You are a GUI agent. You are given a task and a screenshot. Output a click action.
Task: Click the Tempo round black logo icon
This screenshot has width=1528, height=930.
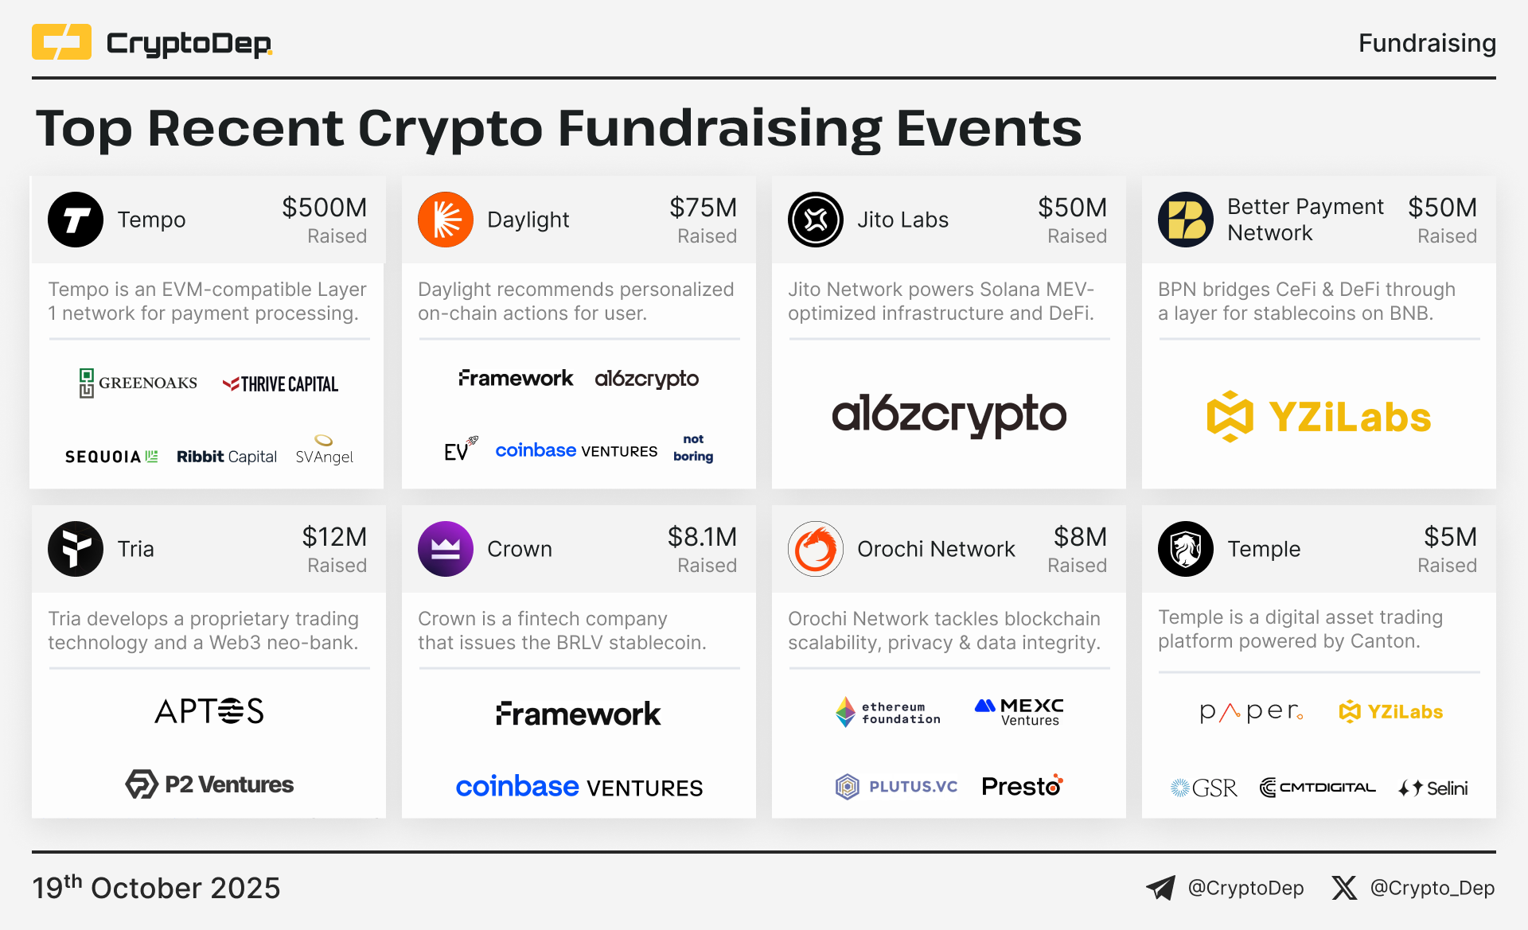(x=76, y=220)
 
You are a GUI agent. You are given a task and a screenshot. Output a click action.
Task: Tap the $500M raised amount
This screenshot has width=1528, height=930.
(x=324, y=208)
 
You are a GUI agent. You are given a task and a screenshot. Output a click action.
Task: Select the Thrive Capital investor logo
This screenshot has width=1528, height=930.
(x=280, y=384)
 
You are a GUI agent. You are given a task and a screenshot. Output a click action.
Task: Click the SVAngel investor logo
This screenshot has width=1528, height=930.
(x=324, y=449)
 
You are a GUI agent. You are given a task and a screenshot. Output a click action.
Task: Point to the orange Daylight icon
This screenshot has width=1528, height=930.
(x=446, y=220)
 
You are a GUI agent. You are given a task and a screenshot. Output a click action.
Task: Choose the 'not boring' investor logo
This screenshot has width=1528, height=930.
(x=693, y=448)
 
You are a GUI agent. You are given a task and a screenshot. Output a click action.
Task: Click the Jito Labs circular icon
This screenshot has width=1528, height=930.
(x=816, y=220)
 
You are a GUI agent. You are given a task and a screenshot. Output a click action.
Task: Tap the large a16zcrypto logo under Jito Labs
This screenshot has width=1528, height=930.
(x=949, y=414)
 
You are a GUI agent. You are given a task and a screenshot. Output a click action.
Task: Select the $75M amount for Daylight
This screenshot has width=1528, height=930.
(x=703, y=208)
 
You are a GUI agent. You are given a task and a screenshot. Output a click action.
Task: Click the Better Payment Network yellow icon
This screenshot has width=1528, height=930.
(x=1186, y=220)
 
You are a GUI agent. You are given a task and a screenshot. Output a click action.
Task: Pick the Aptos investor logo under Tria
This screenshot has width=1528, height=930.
(x=209, y=711)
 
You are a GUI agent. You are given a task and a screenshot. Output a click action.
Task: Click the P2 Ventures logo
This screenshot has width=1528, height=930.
(x=209, y=784)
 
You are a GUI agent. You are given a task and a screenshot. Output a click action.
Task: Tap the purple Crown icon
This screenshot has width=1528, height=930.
(x=446, y=549)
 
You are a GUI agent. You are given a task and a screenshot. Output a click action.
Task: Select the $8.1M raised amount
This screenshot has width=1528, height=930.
(x=702, y=537)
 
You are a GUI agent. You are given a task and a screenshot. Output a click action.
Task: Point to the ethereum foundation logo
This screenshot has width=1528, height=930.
(x=887, y=712)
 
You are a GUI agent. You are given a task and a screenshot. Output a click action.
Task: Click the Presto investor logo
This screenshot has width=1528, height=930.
(x=1022, y=786)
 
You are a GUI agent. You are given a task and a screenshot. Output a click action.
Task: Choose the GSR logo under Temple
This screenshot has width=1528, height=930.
(x=1203, y=788)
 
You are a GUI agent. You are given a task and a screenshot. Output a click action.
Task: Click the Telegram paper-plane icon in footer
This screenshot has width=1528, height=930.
(x=1160, y=888)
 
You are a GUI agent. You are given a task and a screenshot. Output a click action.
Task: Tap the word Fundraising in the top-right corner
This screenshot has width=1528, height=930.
(x=1427, y=43)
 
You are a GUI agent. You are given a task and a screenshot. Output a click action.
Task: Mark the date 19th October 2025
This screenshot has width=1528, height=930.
(x=156, y=887)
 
